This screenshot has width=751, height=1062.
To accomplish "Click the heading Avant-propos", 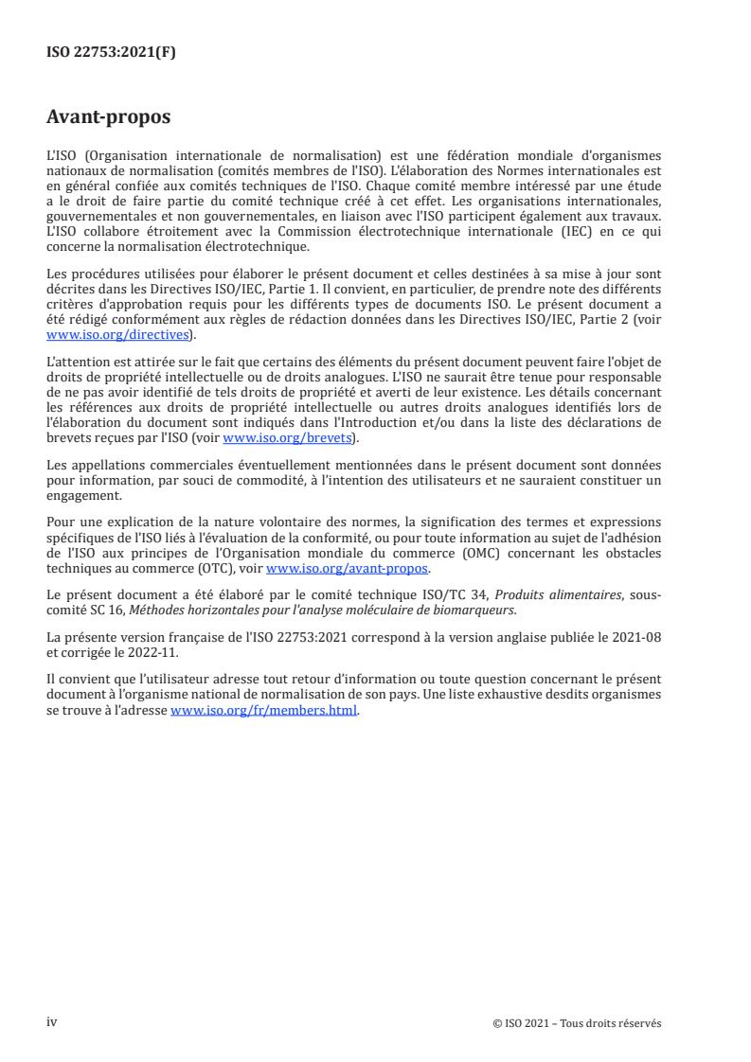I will (x=109, y=118).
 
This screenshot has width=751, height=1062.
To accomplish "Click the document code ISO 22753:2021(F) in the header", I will (x=112, y=53).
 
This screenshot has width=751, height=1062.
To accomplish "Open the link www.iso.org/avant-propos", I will (x=348, y=568).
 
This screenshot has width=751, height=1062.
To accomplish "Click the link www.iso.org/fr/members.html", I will (x=264, y=711).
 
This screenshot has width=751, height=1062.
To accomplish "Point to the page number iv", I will (x=53, y=1022).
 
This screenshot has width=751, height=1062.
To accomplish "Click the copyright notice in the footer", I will (x=578, y=1023).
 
